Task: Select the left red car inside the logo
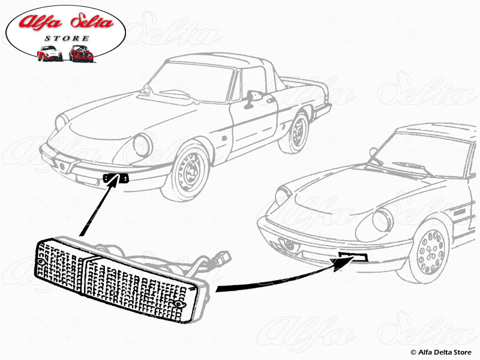(49, 53)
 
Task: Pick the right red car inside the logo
(80, 53)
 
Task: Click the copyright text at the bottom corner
(442, 352)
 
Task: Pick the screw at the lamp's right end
(178, 305)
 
